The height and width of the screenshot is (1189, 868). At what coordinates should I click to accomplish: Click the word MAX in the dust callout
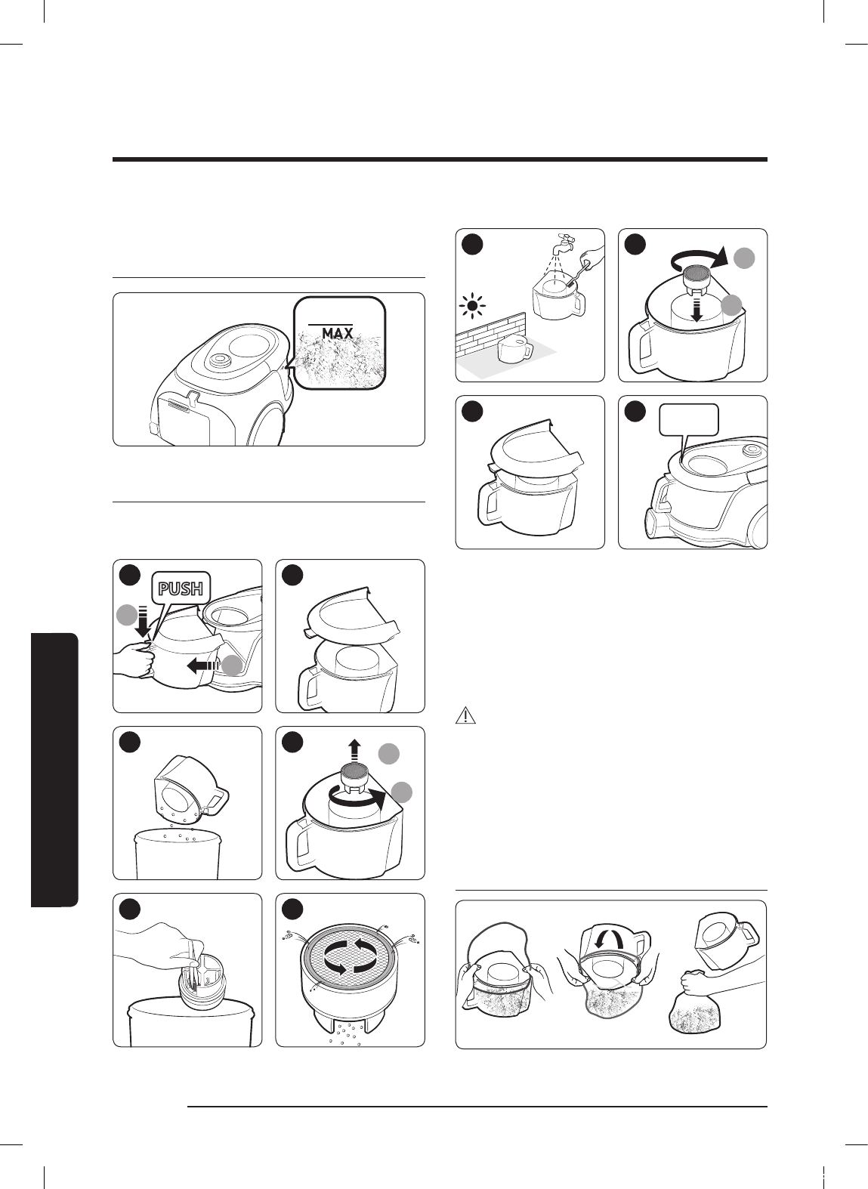coord(337,333)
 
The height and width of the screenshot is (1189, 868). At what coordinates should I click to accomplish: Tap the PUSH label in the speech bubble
coord(181,588)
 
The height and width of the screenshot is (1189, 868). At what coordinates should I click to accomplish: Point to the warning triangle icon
coord(465,715)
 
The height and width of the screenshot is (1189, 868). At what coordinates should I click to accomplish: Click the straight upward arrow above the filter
coord(354,752)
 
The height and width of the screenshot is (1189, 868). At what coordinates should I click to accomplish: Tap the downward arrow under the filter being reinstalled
coord(697,310)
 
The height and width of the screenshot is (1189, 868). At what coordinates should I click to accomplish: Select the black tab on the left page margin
coord(54,770)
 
